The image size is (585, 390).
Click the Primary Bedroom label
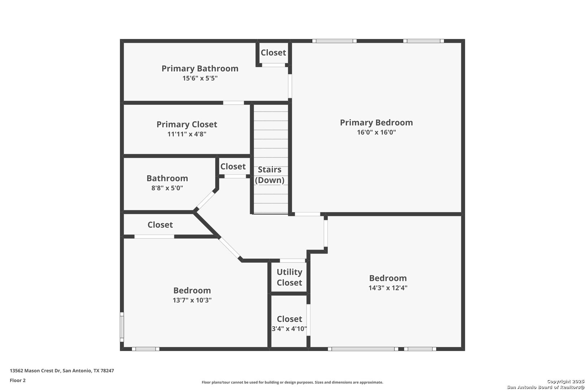coord(376,122)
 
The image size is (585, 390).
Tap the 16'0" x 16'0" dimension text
coord(376,132)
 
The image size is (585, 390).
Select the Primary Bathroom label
coord(200,69)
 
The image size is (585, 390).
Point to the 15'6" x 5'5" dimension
coord(200,78)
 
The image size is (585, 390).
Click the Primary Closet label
coord(187,124)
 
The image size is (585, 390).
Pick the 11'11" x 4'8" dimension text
coord(187,134)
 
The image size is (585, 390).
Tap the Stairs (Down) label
coord(269,175)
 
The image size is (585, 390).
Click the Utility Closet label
coord(289,277)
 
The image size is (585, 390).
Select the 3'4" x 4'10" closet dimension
coord(289,329)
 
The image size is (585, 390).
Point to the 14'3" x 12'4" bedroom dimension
coord(388,288)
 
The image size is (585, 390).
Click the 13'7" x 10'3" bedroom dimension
coord(192,300)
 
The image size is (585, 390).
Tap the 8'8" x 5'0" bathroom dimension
coord(167,188)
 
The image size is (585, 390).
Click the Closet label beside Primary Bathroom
coord(273,52)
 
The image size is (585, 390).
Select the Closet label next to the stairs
coord(233,166)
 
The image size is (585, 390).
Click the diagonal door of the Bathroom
coord(205,201)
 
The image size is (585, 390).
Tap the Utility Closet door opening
coord(292,260)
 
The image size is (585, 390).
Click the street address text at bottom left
coord(62,370)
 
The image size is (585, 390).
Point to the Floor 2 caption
coord(18,380)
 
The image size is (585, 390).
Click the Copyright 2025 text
coord(565,381)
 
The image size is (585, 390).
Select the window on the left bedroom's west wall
coord(122,327)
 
